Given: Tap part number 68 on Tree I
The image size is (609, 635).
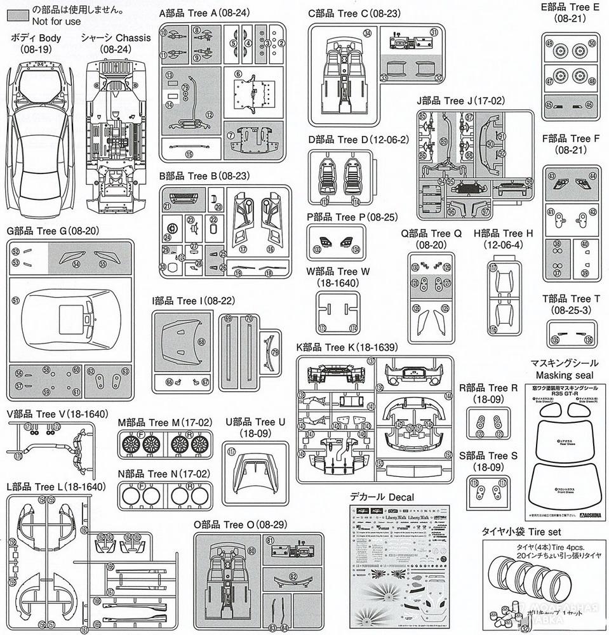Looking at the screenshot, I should (201, 342).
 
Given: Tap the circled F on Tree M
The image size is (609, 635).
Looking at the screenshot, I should (141, 434).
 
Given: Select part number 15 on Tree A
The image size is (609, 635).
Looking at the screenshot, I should (189, 153).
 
